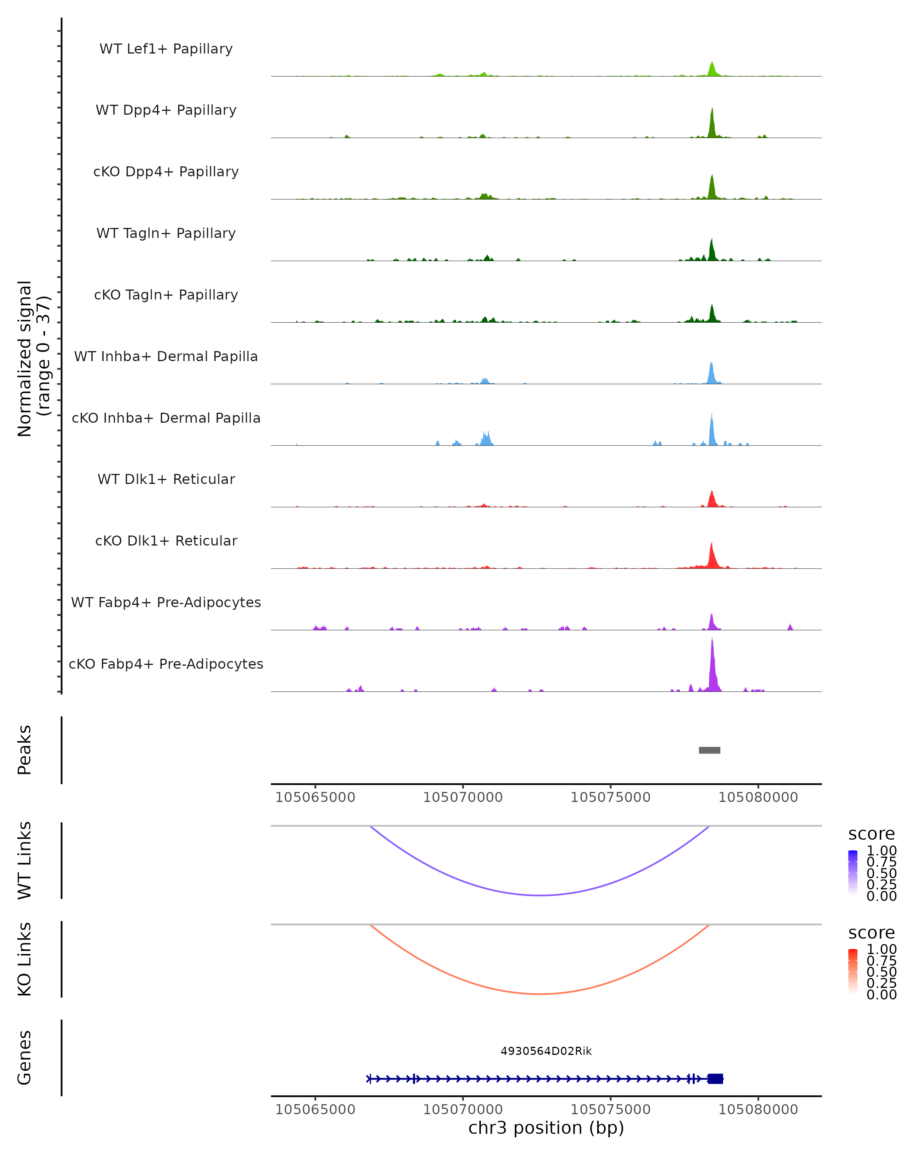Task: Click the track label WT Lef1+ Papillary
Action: coord(166,49)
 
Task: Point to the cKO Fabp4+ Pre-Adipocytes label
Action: coord(166,664)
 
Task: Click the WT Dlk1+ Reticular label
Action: coord(166,479)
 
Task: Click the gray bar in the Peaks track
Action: coord(709,750)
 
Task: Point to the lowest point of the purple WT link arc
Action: coord(541,895)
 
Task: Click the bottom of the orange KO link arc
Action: coord(541,994)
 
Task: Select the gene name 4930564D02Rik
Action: coord(546,1051)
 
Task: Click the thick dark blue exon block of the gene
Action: coord(715,1078)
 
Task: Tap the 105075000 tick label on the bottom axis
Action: coord(610,1110)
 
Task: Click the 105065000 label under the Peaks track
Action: coord(315,797)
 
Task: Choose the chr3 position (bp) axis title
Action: coord(546,1128)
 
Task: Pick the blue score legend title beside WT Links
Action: coord(871,834)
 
